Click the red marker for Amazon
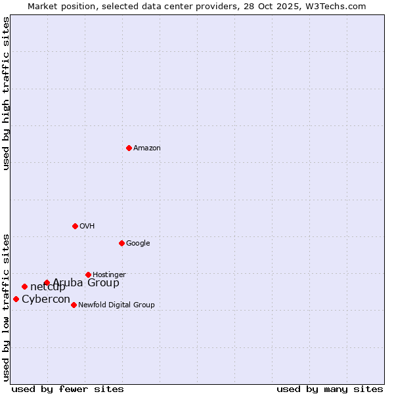(x=129, y=148)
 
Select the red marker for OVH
(x=75, y=226)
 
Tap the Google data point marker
(x=121, y=243)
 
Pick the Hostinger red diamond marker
(x=88, y=274)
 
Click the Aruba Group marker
(x=47, y=283)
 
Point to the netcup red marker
(x=24, y=286)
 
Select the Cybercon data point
(x=16, y=299)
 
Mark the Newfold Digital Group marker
(x=74, y=305)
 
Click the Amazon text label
(x=147, y=148)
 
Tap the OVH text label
(x=87, y=227)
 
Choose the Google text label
(x=138, y=244)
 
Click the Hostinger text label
(x=109, y=275)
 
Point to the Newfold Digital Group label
(x=116, y=305)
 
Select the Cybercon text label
(x=46, y=299)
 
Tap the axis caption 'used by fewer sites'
(x=68, y=389)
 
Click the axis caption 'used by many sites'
(x=330, y=389)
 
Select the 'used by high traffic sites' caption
(x=6, y=94)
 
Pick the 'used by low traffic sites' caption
(x=6, y=307)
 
